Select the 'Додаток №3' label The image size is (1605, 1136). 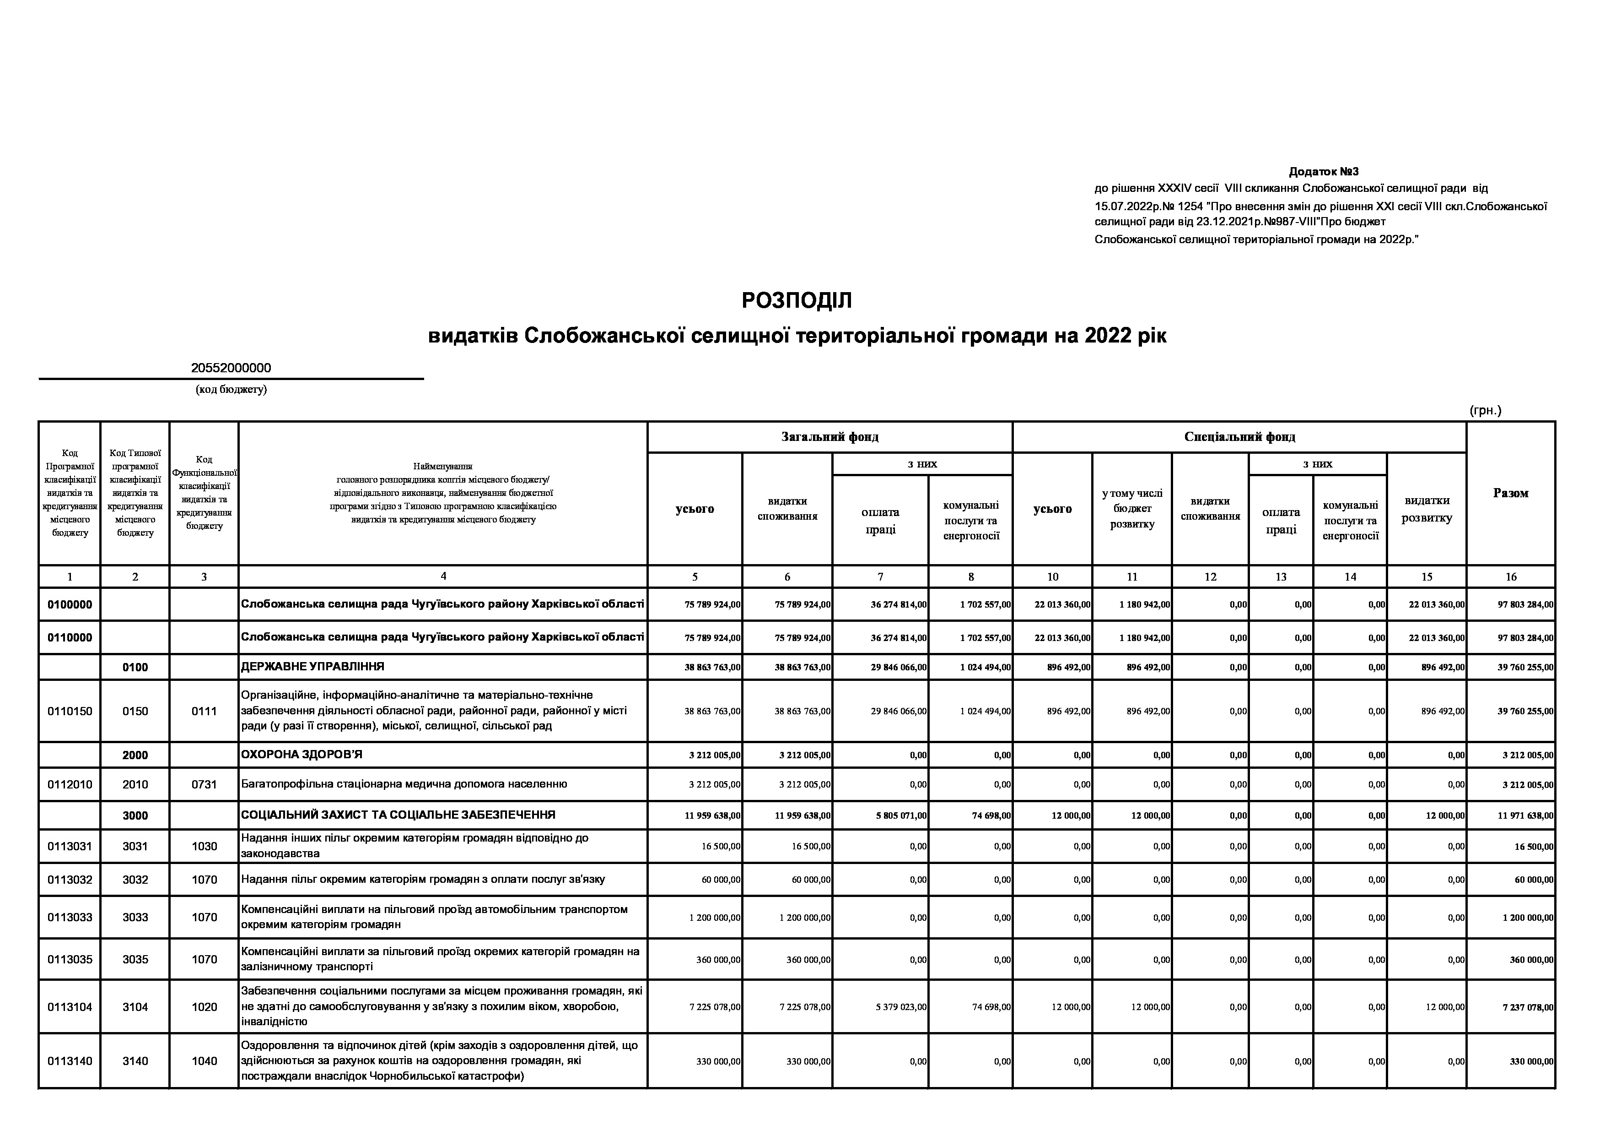coord(1323,171)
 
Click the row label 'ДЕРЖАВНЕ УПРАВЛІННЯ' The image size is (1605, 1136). coord(312,667)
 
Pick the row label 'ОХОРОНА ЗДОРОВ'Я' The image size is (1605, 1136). coord(302,755)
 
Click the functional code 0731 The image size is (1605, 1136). coord(204,784)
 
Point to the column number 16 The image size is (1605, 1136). coord(1511,577)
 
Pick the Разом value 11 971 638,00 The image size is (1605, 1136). coord(1525,815)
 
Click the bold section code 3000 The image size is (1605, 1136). coord(135,815)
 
